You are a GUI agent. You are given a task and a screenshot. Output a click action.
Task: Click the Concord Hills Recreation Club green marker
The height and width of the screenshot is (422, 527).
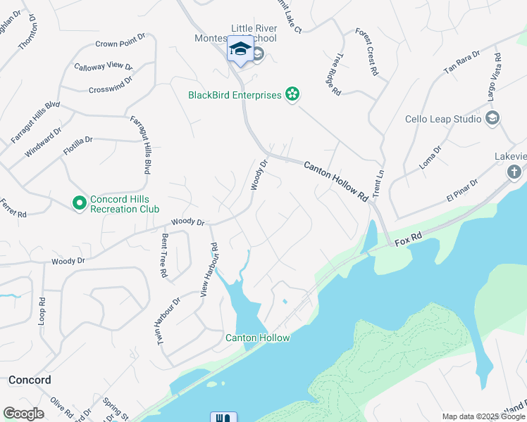[80, 203]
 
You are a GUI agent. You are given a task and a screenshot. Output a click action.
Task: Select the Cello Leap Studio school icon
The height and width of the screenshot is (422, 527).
[492, 118]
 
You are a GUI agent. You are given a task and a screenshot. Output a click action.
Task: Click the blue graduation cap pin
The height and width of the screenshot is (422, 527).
[240, 49]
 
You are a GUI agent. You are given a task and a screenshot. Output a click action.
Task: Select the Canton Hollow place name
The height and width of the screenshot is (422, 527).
[257, 338]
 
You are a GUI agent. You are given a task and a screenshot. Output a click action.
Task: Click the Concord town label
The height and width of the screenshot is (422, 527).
[30, 380]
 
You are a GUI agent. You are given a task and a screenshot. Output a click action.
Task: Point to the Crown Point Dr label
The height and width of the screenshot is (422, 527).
[120, 44]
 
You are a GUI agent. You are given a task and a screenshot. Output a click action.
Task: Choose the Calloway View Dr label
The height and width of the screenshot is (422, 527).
[104, 67]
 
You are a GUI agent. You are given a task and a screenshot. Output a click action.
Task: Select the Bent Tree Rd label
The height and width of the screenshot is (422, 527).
[164, 255]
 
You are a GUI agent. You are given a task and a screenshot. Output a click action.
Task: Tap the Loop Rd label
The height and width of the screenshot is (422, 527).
[42, 309]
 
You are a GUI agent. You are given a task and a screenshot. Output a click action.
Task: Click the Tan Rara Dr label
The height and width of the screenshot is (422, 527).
[461, 63]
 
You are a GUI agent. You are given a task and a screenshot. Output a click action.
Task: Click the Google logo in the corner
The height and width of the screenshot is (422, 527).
[23, 414]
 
